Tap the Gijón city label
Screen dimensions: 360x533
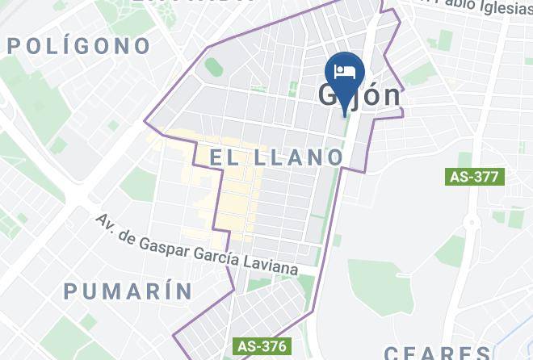pos(359,95)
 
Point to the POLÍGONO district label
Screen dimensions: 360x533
pos(79,46)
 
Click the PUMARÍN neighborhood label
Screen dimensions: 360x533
pos(128,291)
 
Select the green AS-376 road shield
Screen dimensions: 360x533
pos(261,345)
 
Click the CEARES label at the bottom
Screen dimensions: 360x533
pos(436,353)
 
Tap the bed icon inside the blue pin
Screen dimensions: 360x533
pos(345,70)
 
